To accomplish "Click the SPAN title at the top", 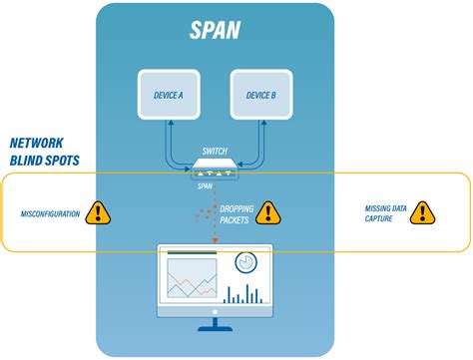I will point(217,29).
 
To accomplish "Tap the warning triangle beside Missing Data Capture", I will point(422,212).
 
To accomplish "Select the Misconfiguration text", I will point(50,213).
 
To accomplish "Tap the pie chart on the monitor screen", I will point(246,262).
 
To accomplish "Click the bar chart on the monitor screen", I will point(243,293).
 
